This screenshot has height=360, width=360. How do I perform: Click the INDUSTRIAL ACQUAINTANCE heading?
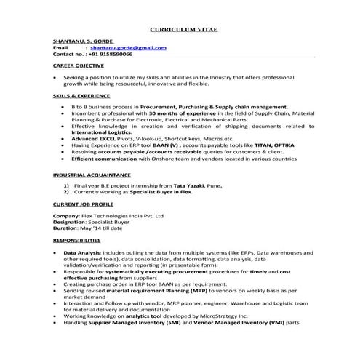(x=92, y=175)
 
